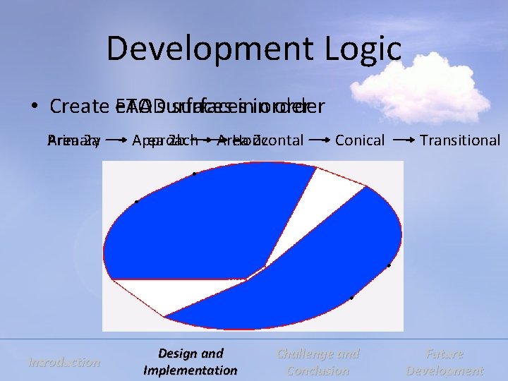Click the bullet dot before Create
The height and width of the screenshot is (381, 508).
point(34,107)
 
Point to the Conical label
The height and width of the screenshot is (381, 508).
point(360,140)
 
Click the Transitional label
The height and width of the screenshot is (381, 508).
point(459,140)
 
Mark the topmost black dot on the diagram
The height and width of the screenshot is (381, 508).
point(193,174)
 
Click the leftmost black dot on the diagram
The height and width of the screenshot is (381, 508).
point(136,202)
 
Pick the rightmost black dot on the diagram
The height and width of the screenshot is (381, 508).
point(389,266)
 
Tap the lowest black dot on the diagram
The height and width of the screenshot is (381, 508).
point(351,298)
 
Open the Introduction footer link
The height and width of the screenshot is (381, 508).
point(64,363)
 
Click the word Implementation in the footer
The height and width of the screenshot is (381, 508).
point(190,370)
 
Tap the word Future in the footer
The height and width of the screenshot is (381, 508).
point(445,354)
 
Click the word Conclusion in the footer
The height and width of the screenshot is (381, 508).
point(319,370)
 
